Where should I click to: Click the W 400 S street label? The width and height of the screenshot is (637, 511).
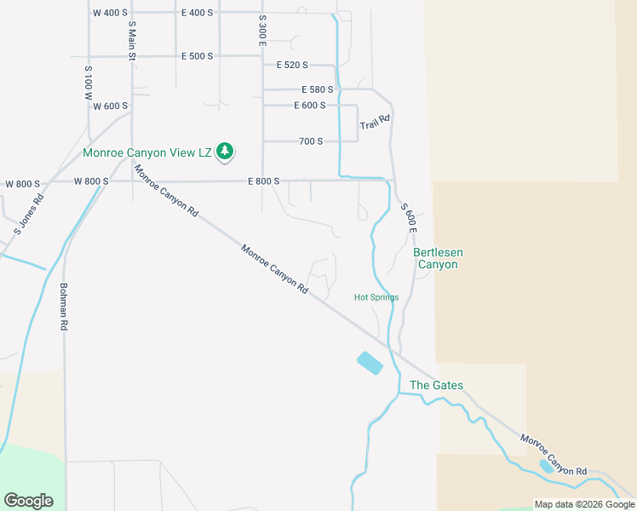coord(109,13)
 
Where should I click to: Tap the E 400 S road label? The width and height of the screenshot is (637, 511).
coord(197,13)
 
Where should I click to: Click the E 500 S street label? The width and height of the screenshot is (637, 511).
coord(197,55)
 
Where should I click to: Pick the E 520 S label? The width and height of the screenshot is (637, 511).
coord(292,65)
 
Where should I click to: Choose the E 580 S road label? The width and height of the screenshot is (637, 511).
coord(317,89)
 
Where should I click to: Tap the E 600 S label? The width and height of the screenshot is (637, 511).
coord(309,106)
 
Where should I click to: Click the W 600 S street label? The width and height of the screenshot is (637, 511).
coord(111,106)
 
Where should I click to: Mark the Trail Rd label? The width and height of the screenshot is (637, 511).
coord(375,123)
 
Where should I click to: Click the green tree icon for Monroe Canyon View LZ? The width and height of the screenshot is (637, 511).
coord(225,152)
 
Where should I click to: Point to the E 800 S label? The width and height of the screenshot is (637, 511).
coord(264,181)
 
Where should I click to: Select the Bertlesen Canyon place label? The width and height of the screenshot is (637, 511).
coord(435,258)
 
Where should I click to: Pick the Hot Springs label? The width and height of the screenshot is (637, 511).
coord(376,297)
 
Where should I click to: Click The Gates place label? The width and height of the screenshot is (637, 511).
coord(436,385)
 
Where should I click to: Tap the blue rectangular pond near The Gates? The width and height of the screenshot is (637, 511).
coord(370,363)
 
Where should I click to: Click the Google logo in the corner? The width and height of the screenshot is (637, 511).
coord(28,501)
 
